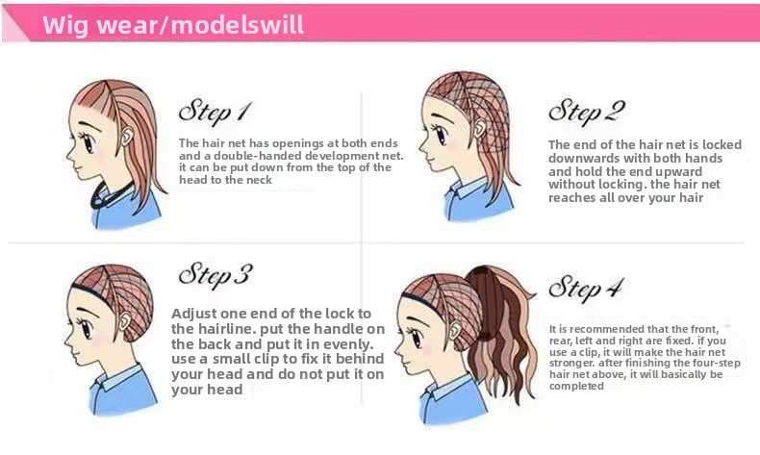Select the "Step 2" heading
click(x=587, y=113)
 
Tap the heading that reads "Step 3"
click(x=215, y=276)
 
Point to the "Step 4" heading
click(x=586, y=289)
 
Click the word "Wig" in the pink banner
click(x=65, y=25)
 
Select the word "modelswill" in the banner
click(x=238, y=24)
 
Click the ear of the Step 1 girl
click(x=126, y=137)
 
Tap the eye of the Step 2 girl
click(x=440, y=135)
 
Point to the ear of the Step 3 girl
click(x=125, y=320)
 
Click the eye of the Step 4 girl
click(x=416, y=338)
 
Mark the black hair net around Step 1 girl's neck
click(x=110, y=194)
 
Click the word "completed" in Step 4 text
click(x=576, y=386)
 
